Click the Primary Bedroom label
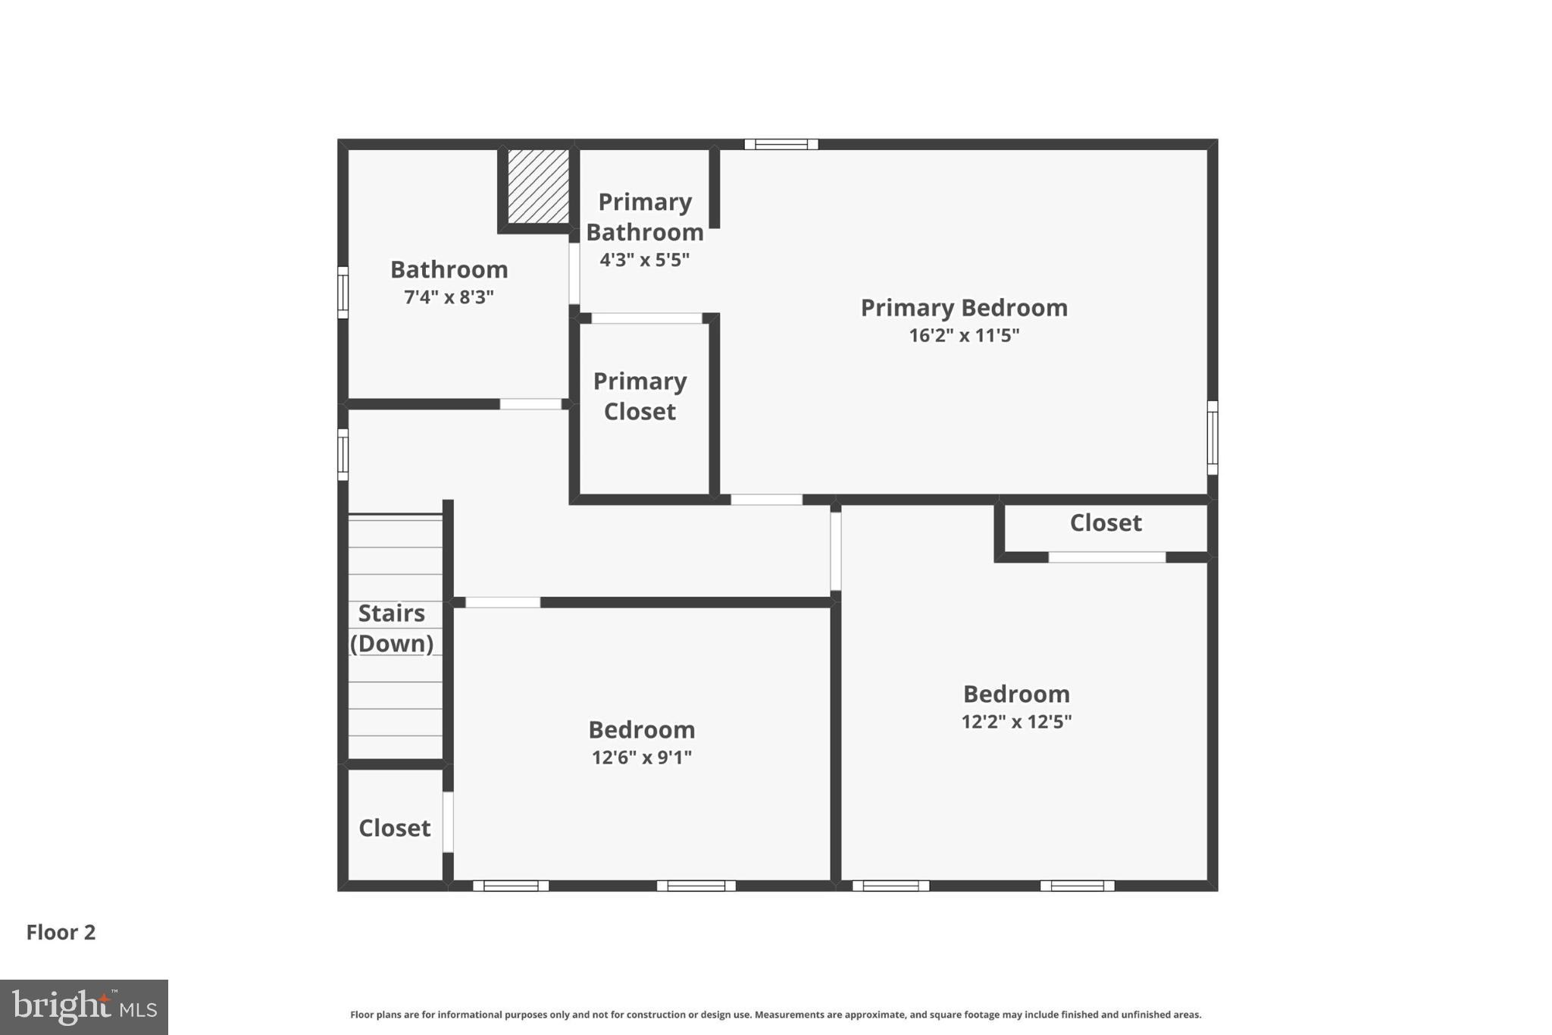click(964, 308)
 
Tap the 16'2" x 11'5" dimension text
click(964, 335)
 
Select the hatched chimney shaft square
click(538, 187)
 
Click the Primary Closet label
click(640, 396)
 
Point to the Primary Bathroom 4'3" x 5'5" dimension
click(645, 260)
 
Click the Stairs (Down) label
click(392, 628)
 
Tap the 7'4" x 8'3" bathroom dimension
click(449, 296)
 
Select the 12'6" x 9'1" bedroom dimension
click(642, 757)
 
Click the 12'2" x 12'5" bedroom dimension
click(1016, 721)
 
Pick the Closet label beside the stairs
click(394, 827)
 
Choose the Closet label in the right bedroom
click(1106, 522)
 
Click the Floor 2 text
click(61, 932)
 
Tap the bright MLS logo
click(84, 1007)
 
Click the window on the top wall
click(781, 144)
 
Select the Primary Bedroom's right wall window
click(1212, 438)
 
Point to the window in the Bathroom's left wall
click(343, 292)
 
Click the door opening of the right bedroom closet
click(1106, 557)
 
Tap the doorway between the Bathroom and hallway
click(530, 404)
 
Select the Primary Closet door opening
click(646, 318)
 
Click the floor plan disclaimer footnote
click(775, 1015)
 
